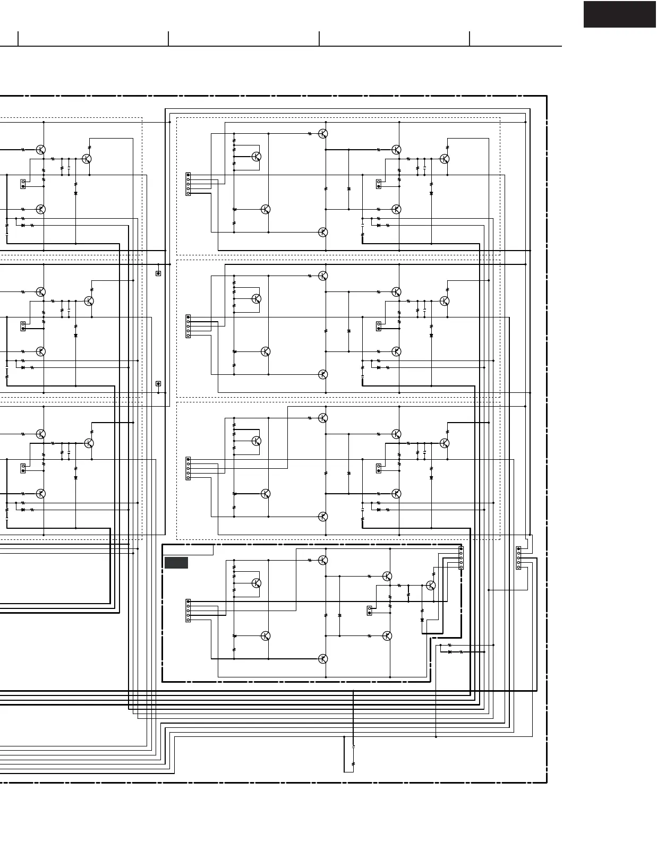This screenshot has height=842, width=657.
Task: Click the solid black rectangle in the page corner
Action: pos(619,14)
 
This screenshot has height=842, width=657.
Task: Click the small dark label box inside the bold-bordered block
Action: pos(176,563)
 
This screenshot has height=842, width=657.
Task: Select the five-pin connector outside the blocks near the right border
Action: pos(518,558)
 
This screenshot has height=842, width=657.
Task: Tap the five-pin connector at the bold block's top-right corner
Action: pos(460,558)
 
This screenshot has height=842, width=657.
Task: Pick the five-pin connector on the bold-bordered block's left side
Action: pos(188,611)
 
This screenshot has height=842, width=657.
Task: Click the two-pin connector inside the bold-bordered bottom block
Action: pos(370,611)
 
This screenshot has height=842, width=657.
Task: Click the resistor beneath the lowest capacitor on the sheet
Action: pos(353,764)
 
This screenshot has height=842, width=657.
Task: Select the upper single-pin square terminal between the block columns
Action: pos(158,273)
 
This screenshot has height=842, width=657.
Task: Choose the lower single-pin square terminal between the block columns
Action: pos(158,383)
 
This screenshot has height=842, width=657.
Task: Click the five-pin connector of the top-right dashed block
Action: pos(188,184)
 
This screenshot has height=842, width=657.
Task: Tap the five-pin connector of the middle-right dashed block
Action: pos(188,326)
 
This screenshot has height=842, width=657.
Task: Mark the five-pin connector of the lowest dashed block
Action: pos(188,468)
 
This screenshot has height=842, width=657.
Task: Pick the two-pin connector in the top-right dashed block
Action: pos(379,184)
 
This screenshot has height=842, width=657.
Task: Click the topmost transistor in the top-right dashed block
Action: pos(323,134)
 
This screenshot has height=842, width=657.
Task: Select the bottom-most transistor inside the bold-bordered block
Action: pos(323,659)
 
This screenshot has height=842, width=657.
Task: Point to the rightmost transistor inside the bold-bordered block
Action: pos(431,585)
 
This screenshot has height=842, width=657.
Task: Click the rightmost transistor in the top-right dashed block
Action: pos(445,159)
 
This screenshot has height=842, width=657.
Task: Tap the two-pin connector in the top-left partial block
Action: pos(23,184)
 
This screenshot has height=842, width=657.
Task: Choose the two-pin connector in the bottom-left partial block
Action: pos(23,468)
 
